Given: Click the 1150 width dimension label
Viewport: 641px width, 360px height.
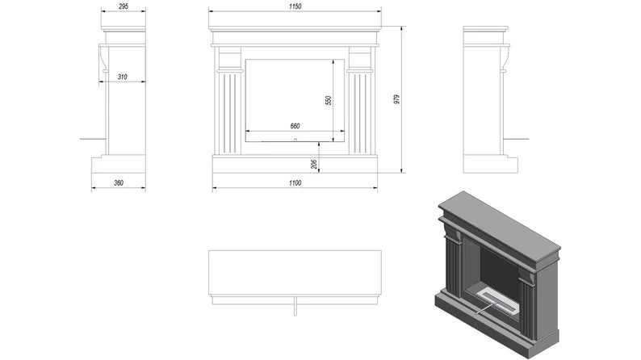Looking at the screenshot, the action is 295,6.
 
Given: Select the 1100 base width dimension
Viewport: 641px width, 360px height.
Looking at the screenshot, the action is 295,183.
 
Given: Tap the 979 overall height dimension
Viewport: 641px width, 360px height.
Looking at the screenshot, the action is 396,99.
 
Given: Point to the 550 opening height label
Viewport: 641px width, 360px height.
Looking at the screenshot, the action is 328,100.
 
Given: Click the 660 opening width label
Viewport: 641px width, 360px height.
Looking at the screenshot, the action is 295,126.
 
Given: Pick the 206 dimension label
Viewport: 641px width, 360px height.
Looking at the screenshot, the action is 313,164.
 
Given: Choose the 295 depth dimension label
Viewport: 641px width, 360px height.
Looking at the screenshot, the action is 123,6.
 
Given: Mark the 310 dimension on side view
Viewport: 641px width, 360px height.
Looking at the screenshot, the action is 122,77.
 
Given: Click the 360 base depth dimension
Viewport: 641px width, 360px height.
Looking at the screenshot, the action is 119,183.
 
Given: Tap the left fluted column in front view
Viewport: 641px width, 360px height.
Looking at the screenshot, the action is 230,112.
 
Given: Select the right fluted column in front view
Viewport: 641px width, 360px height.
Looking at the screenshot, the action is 360,112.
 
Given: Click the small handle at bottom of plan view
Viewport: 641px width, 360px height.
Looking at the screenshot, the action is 295,307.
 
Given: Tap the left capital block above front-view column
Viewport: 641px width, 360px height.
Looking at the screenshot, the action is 230,58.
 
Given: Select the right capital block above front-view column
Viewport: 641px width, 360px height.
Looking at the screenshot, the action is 360,58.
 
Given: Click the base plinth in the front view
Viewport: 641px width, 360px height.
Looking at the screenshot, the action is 295,164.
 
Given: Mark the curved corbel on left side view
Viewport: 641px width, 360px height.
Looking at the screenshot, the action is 104,59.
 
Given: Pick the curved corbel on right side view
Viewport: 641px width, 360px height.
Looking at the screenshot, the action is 505,59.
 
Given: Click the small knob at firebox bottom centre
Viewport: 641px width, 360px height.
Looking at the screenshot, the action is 295,140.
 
